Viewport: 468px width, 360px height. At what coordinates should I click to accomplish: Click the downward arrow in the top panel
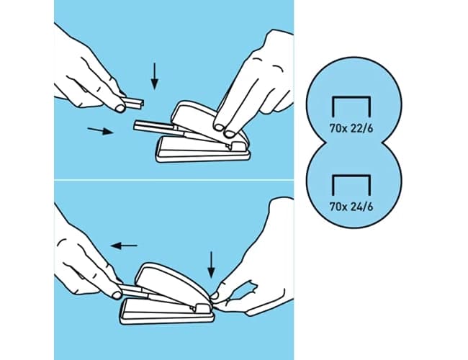[x=154, y=76]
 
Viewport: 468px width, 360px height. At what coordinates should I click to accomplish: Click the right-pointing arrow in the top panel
[x=101, y=130]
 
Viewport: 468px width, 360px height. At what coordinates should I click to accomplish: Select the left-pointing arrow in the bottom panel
[x=124, y=246]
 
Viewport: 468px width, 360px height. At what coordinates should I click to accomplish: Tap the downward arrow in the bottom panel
[x=211, y=265]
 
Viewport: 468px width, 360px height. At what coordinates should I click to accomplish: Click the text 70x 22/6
[x=351, y=129]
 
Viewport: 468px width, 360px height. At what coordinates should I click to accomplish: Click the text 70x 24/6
[x=351, y=207]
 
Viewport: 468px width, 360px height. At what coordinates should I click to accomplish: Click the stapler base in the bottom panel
[x=167, y=312]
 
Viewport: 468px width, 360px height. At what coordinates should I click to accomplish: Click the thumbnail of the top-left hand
[x=120, y=108]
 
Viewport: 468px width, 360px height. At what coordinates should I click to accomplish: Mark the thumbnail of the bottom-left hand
[x=117, y=295]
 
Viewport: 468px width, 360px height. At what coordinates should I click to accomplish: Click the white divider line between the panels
[x=174, y=180]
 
